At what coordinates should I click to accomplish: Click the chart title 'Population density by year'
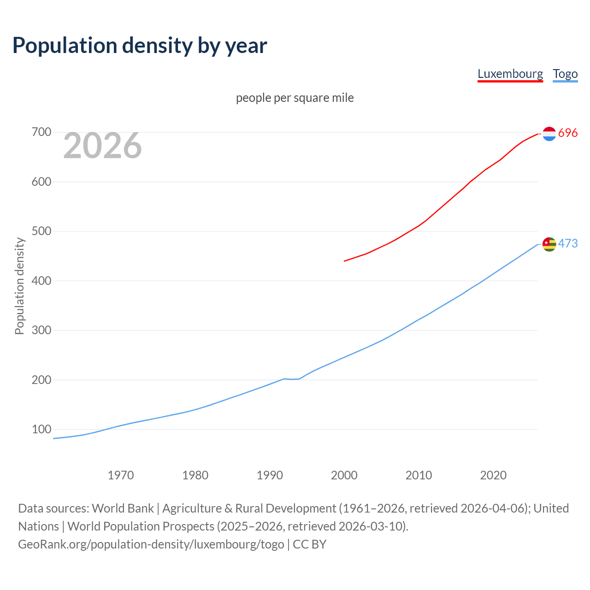140,46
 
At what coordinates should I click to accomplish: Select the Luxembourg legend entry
510,74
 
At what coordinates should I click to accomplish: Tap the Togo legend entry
565,74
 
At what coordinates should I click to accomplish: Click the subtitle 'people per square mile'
295,98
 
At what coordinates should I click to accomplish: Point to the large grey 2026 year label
102,146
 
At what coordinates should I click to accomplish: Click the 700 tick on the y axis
41,132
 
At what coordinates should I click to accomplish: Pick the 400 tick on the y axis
41,281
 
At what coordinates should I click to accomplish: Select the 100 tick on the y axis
41,429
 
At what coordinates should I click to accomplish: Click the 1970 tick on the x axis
121,475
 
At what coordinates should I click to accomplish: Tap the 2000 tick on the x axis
344,475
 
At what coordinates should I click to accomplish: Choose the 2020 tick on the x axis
493,475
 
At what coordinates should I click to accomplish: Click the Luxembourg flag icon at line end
549,134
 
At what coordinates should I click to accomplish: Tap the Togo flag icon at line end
549,244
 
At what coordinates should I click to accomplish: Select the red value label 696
568,133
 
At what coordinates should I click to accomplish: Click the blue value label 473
568,243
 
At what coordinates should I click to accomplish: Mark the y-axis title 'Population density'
19,286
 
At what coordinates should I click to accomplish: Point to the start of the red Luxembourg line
345,261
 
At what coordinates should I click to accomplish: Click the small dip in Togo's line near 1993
292,379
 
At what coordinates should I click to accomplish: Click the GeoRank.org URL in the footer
151,544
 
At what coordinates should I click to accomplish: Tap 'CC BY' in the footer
310,544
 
